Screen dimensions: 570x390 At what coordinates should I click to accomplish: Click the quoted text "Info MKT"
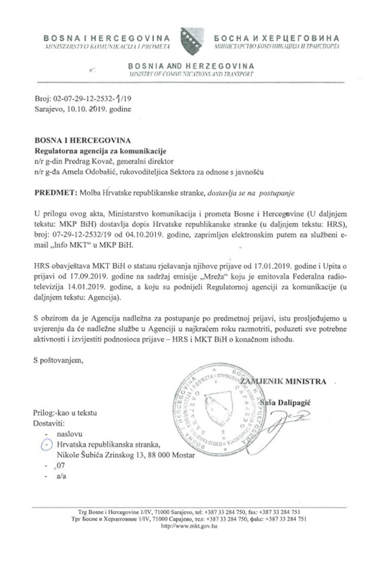pos(69,245)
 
